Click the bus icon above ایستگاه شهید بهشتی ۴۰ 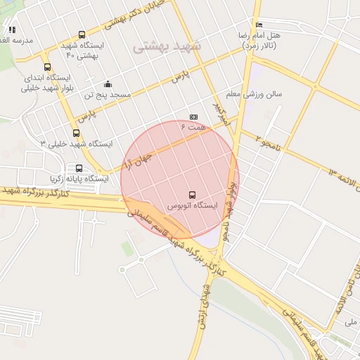pyautogui.click(x=82, y=34)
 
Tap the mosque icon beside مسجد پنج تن pyautogui.click(x=107, y=84)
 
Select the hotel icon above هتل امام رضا pyautogui.click(x=259, y=25)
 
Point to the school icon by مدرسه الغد pyautogui.click(x=12, y=30)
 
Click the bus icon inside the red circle pyautogui.click(x=192, y=194)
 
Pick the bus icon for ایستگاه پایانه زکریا pyautogui.click(x=78, y=169)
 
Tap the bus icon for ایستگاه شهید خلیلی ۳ pyautogui.click(x=76, y=133)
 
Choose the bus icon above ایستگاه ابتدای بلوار pyautogui.click(x=47, y=67)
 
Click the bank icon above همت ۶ pyautogui.click(x=193, y=117)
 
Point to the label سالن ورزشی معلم pyautogui.click(x=253, y=94)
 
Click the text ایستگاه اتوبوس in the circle pyautogui.click(x=192, y=205)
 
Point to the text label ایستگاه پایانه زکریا pyautogui.click(x=78, y=179)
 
